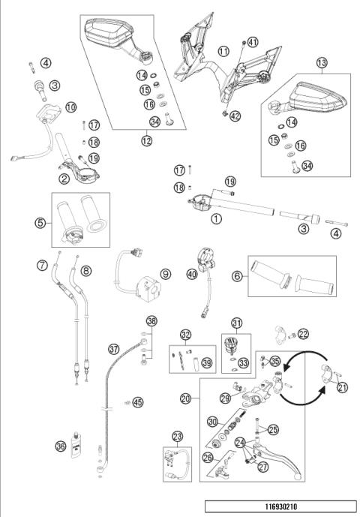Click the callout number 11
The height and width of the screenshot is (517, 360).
223,50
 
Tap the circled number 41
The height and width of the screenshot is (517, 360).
252,43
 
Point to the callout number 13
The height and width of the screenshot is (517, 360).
322,62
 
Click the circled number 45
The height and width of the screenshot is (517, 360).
138,401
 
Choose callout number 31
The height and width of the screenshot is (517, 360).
236,323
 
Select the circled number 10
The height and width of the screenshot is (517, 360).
70,107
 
